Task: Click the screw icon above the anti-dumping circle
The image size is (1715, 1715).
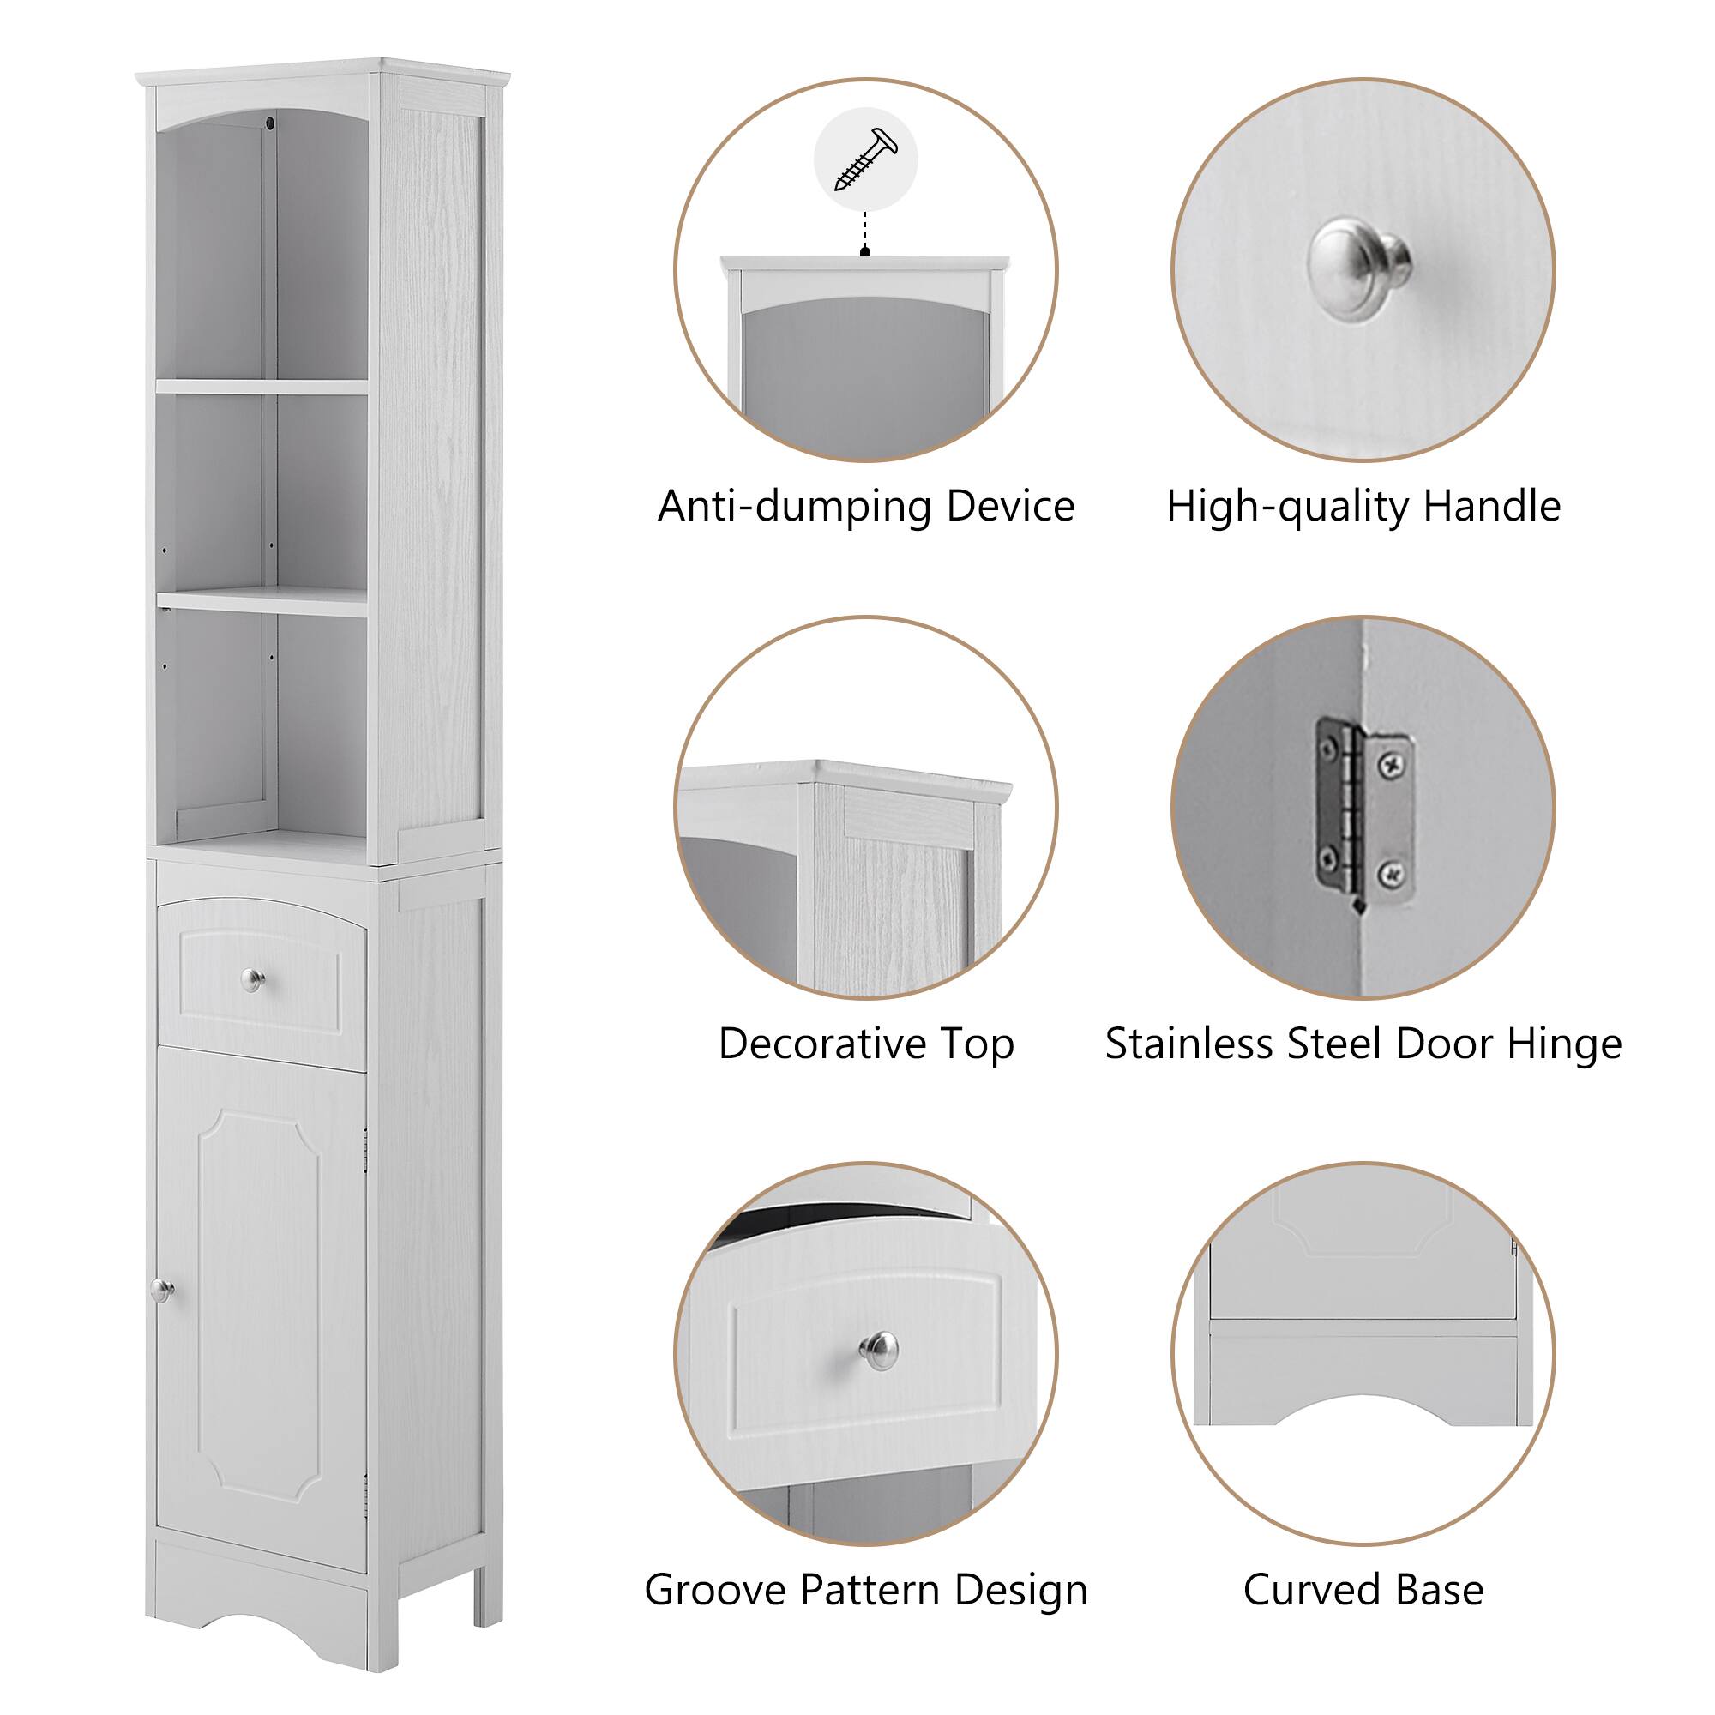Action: tap(865, 159)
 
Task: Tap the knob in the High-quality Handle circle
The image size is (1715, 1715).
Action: tap(1359, 268)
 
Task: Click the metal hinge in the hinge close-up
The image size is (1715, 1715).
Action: tap(1364, 816)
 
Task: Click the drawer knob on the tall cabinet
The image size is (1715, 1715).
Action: tap(253, 980)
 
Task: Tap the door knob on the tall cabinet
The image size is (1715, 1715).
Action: tap(161, 1291)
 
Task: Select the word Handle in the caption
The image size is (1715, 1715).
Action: tap(1491, 507)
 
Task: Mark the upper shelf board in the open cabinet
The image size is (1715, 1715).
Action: tap(262, 387)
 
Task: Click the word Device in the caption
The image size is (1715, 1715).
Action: tap(1010, 507)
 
